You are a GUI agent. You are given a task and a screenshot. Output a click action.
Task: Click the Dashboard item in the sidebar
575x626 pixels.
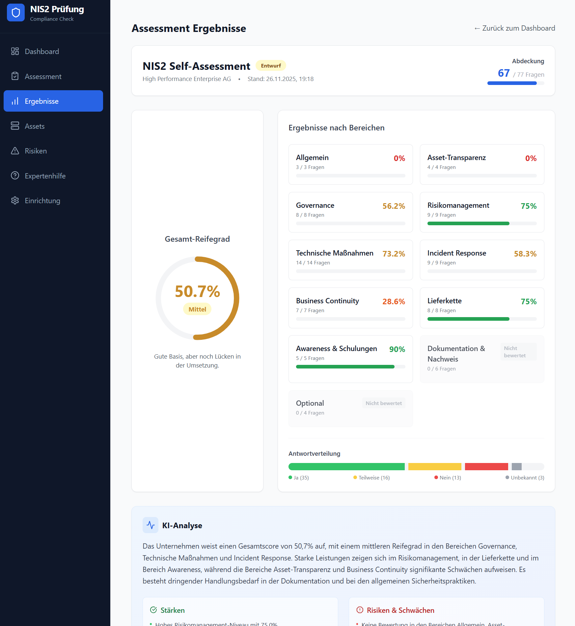click(x=41, y=51)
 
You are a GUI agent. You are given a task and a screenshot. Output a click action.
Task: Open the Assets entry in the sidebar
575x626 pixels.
click(x=34, y=126)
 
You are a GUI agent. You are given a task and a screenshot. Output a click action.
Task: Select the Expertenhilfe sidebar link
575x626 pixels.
click(x=45, y=176)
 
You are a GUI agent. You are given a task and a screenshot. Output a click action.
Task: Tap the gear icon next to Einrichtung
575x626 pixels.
click(x=15, y=201)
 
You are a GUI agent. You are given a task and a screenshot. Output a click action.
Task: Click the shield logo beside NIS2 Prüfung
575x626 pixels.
click(x=16, y=13)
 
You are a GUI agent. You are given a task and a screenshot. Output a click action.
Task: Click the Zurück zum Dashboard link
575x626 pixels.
click(x=514, y=28)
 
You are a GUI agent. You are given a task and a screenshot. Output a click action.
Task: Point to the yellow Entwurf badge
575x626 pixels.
click(x=271, y=66)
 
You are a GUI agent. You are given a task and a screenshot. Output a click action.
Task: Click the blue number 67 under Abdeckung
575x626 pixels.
click(x=504, y=73)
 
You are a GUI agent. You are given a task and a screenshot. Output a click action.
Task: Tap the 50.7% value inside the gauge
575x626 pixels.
click(x=197, y=291)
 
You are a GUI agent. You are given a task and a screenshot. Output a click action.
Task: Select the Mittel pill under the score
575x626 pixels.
click(x=197, y=309)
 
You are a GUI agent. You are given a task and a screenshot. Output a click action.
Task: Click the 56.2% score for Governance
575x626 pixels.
click(x=394, y=206)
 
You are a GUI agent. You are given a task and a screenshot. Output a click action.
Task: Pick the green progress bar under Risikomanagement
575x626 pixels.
click(x=468, y=224)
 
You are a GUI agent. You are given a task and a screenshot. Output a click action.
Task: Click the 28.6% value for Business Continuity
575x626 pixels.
click(x=394, y=302)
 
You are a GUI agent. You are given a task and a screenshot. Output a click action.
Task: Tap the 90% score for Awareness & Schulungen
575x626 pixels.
click(x=397, y=349)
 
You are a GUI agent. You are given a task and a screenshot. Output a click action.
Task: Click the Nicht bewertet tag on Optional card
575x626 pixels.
click(x=384, y=403)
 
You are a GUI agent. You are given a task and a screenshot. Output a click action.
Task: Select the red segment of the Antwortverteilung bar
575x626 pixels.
click(x=486, y=467)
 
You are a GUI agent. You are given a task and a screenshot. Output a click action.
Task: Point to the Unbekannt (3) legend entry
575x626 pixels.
click(x=525, y=478)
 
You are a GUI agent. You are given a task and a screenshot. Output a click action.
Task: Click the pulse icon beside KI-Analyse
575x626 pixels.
click(x=151, y=525)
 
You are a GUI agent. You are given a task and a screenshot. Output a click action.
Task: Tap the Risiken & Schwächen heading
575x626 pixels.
click(x=400, y=611)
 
